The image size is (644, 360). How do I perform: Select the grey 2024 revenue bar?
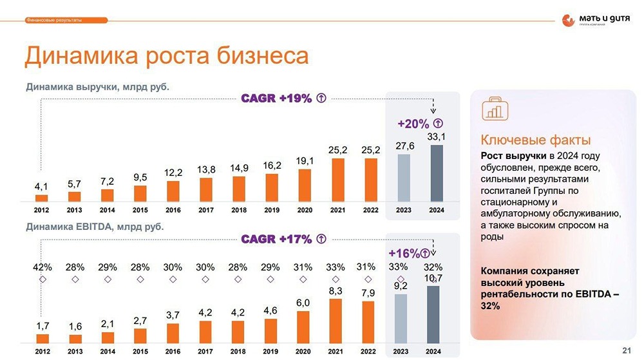point(436,173)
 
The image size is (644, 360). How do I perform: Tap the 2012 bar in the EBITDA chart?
point(43,338)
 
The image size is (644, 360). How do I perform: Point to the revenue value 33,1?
point(437,136)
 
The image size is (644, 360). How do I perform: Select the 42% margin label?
point(43,267)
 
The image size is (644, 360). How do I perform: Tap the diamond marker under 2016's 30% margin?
point(173,279)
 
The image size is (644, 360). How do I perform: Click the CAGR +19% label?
point(276,99)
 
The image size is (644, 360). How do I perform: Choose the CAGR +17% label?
point(276,240)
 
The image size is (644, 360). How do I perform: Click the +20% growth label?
point(413,123)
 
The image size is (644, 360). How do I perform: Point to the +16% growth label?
point(404,253)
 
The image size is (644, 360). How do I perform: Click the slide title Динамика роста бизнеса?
point(166,56)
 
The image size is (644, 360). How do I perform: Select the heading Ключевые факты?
point(536,140)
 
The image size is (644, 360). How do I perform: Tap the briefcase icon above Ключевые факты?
point(495,109)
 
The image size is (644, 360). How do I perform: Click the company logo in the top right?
point(595,21)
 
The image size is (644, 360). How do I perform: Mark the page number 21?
point(627,350)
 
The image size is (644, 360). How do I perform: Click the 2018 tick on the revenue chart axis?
point(239,210)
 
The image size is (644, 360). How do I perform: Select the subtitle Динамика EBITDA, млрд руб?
point(95,227)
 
